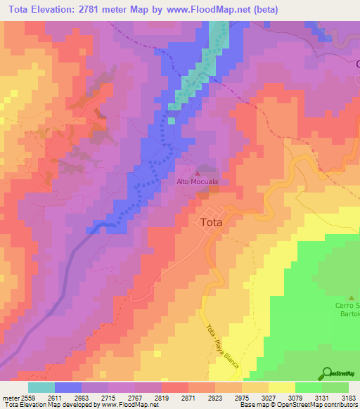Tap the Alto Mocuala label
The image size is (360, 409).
click(197, 181)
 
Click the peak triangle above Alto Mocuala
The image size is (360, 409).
click(197, 172)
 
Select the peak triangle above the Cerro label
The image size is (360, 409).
click(352, 298)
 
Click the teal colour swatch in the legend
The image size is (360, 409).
click(41, 387)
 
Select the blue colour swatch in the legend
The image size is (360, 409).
click(68, 387)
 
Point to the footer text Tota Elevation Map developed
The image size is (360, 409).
click(49, 405)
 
